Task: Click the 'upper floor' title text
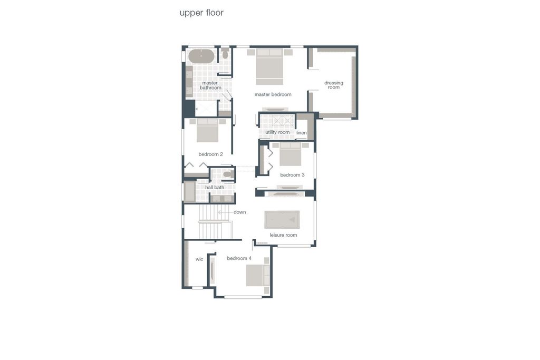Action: point(201,13)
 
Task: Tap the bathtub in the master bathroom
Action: point(201,56)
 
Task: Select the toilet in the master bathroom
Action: point(225,53)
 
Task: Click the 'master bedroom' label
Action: point(273,94)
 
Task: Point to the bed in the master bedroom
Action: point(269,66)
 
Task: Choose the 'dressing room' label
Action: point(334,85)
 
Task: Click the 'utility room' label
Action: point(277,132)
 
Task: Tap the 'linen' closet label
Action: point(301,133)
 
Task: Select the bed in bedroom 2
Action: point(207,130)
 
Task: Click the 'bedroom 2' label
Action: point(210,154)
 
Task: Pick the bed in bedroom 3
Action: point(291,154)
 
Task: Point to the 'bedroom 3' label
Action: point(292,175)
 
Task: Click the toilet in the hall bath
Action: point(228,174)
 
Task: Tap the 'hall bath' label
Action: point(215,188)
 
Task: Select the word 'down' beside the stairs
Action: point(240,212)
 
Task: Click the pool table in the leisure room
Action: point(282,220)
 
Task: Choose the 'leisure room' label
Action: point(283,235)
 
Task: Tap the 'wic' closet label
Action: point(199,259)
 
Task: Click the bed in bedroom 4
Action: point(258,275)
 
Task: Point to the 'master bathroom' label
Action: point(210,85)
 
